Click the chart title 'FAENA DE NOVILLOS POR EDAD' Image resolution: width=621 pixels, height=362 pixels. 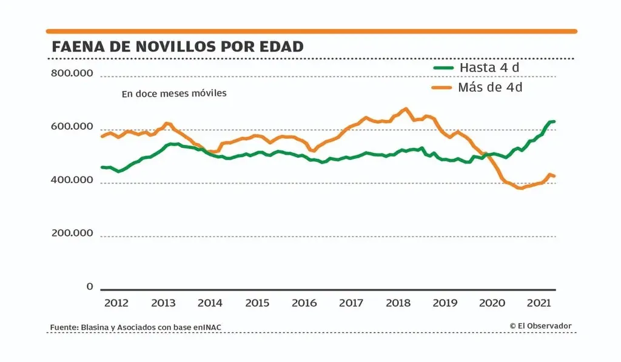(x=177, y=47)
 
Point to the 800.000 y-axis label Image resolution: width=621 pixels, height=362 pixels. (x=72, y=73)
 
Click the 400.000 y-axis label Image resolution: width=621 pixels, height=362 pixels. (x=72, y=180)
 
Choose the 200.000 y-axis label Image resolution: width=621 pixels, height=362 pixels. (x=72, y=233)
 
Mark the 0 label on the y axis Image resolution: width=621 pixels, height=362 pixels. (x=89, y=286)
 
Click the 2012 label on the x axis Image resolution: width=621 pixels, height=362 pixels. (x=116, y=303)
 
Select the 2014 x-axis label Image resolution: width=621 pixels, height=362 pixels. (x=210, y=303)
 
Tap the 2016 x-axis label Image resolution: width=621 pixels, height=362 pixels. (x=304, y=303)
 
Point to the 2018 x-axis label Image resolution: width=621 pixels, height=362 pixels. (x=398, y=303)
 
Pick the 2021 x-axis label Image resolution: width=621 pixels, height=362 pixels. (x=539, y=303)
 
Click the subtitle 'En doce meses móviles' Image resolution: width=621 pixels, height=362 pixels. (x=173, y=94)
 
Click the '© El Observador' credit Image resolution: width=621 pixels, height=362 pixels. (x=540, y=326)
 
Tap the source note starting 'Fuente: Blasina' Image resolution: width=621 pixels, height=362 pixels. (x=135, y=327)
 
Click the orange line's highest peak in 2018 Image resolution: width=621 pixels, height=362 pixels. (x=406, y=109)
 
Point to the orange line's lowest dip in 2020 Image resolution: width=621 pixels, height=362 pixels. (x=520, y=188)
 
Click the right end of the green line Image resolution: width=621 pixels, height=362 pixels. (x=554, y=122)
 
